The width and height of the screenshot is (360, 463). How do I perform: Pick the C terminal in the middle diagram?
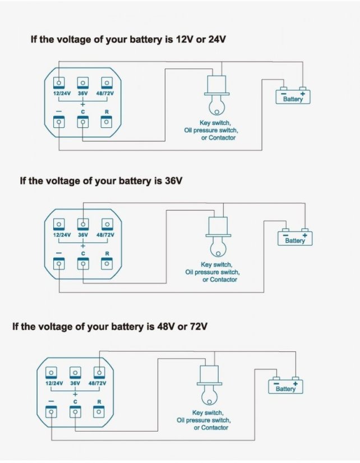83,265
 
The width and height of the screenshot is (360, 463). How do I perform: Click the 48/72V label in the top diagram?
105,94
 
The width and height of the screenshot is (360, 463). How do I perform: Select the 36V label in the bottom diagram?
75,383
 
